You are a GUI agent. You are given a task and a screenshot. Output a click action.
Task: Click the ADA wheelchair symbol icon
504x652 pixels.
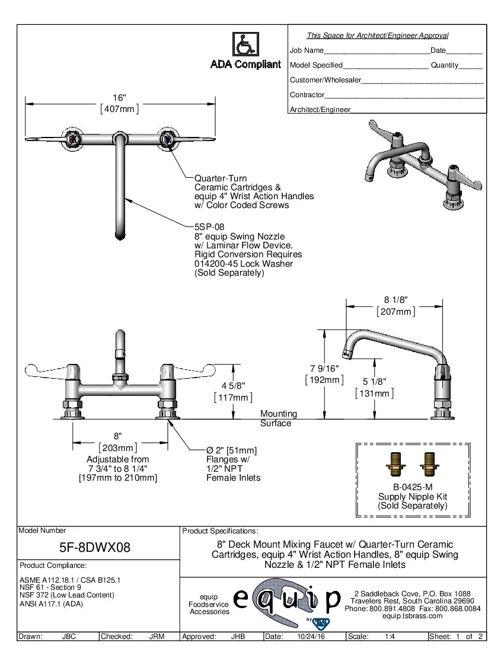click(245, 44)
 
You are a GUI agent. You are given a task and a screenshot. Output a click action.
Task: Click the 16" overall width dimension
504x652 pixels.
click(120, 98)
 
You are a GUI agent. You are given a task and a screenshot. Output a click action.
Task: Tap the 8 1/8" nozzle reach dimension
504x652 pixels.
click(395, 300)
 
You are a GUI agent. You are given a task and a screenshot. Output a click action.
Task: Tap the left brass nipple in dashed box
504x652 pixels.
click(394, 464)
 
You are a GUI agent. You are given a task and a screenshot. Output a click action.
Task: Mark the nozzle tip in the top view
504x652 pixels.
click(120, 238)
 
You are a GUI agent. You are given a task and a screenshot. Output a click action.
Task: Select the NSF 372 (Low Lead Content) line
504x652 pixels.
click(67, 595)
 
